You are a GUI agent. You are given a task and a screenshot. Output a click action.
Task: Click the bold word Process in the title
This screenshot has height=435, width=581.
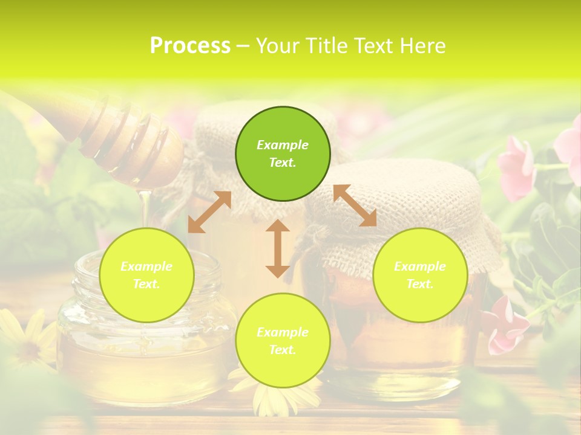[x=190, y=46]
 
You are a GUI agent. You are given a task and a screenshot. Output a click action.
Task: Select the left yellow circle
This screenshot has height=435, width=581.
[x=146, y=275]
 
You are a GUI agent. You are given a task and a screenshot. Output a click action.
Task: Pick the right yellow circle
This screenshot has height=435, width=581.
[x=420, y=275]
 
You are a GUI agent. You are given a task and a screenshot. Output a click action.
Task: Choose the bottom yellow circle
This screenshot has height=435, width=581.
[x=283, y=340]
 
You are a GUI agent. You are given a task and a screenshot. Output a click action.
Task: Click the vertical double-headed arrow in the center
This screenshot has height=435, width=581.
[x=278, y=248]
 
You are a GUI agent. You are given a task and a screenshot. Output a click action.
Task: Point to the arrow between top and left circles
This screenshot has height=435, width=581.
[x=209, y=212]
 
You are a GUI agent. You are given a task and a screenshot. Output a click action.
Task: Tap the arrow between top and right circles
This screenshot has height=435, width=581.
[x=355, y=205]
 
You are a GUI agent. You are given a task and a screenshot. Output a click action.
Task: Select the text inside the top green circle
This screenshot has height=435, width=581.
[x=283, y=153]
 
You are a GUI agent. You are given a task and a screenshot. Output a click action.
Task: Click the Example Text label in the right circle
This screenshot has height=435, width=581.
[x=420, y=275]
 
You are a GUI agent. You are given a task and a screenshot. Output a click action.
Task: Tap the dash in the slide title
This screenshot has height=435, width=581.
[x=243, y=46]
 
